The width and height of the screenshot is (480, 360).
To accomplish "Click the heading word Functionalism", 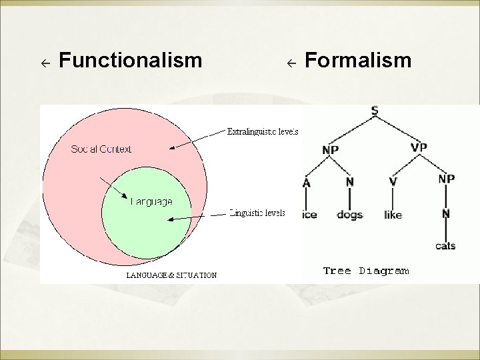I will tap(130, 61).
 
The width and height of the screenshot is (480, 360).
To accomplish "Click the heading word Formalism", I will tap(358, 61).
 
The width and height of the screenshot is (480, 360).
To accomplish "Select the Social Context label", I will tap(101, 149).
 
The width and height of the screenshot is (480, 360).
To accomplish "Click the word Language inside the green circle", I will tap(151, 201).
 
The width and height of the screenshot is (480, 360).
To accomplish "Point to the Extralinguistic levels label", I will tap(263, 131).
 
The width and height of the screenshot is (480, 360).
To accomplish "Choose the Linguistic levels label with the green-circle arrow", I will tap(257, 213).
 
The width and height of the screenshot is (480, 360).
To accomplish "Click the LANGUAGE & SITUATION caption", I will tap(171, 275).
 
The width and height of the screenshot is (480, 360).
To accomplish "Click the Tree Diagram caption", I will tap(365, 271).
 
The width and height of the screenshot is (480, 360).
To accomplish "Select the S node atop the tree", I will tap(374, 111).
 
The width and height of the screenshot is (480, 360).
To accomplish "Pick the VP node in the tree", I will tap(419, 147).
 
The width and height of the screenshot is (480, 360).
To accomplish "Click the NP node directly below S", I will tap(330, 151).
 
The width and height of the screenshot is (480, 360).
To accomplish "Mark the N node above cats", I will tap(445, 213).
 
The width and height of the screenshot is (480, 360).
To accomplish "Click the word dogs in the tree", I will tap(349, 215).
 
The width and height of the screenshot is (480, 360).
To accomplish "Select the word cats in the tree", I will tap(445, 246).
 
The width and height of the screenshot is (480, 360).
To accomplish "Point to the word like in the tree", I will tap(393, 215).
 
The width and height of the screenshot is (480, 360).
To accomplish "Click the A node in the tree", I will tap(307, 181).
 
